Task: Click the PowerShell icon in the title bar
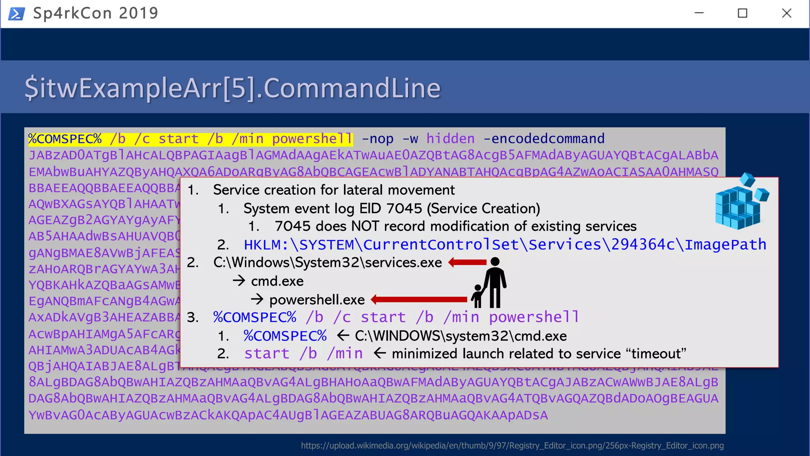17,14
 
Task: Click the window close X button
787,13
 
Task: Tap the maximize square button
742,13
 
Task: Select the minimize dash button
699,13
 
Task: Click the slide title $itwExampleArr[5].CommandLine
232,88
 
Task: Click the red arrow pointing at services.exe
467,262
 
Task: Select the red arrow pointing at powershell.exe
419,299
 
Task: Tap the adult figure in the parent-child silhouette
495,282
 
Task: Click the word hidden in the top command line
450,139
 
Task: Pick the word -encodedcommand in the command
544,139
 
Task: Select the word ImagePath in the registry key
725,245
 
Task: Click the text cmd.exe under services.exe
277,281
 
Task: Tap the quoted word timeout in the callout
656,353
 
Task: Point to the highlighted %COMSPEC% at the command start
65,139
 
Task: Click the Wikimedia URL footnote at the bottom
512,446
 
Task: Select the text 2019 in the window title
138,13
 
